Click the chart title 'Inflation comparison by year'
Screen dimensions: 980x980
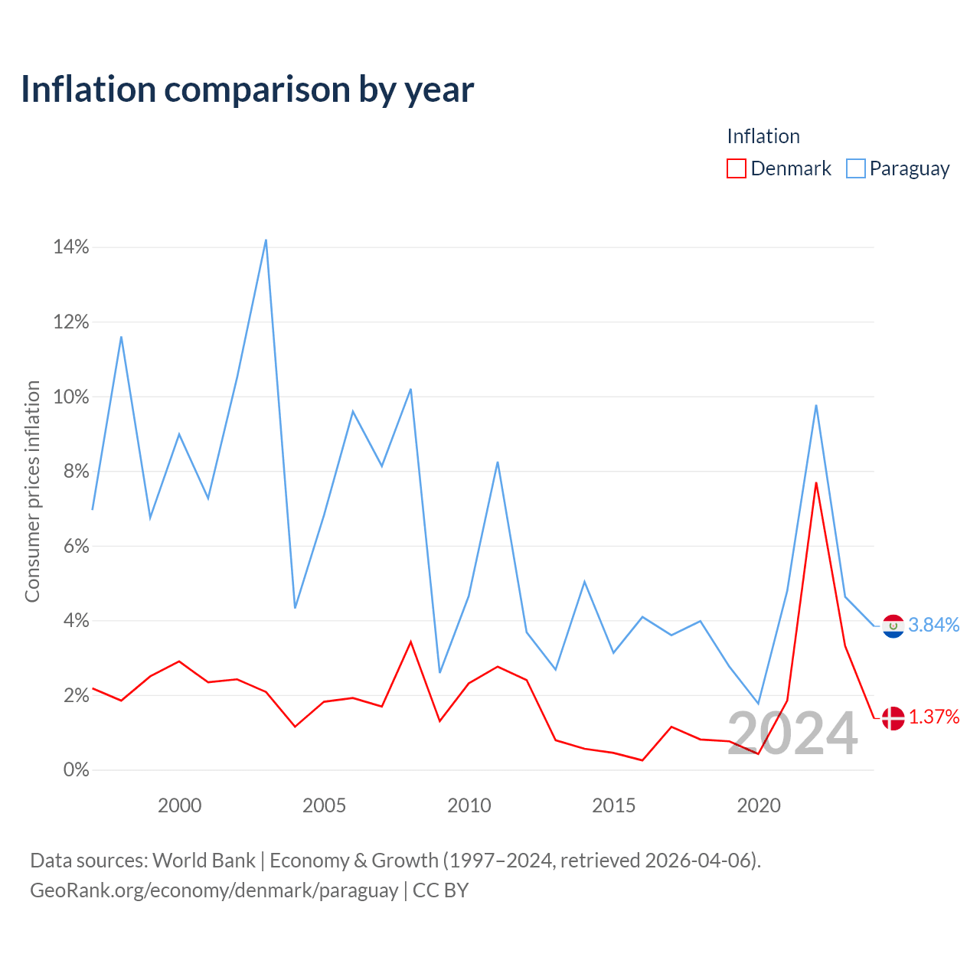pos(247,90)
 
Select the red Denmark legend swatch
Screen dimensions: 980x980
pos(736,168)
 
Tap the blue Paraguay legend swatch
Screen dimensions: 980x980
pos(855,168)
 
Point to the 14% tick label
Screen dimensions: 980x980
pos(70,247)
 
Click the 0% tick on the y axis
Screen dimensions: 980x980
pos(76,770)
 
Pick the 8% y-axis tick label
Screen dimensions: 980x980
pos(76,472)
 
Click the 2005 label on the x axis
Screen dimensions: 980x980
pos(324,805)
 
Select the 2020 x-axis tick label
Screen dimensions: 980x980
pos(758,805)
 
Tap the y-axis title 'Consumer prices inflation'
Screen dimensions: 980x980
pos(32,492)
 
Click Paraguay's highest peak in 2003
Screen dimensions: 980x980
pos(266,240)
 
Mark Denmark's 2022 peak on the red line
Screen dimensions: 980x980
pos(815,482)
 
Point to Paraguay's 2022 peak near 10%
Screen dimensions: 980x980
pos(815,405)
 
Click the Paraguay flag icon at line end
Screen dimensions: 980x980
pos(893,626)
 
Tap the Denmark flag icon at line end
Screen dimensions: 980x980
pos(893,718)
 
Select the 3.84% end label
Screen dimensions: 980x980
pos(934,625)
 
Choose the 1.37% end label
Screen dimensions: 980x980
pos(934,717)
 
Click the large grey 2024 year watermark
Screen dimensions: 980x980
pos(792,733)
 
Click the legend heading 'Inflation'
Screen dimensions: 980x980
pos(763,136)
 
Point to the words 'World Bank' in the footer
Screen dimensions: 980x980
pos(204,861)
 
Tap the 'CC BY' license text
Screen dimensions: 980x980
pos(440,890)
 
